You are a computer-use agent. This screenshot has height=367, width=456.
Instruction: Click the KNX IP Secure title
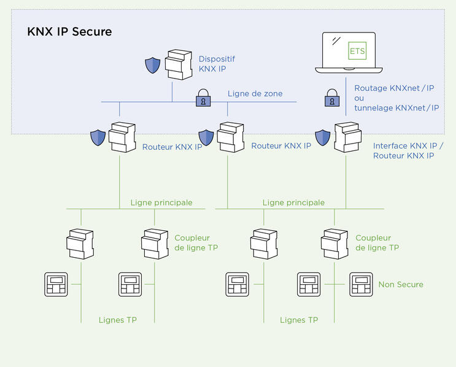(x=69, y=31)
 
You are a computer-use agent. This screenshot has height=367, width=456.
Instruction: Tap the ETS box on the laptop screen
(x=357, y=51)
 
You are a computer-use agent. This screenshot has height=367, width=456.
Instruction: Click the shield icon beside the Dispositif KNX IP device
(x=152, y=66)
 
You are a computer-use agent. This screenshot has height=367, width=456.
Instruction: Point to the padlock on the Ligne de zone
(x=203, y=98)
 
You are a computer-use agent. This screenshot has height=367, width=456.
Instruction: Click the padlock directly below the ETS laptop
(x=331, y=98)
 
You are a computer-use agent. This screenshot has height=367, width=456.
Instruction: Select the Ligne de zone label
(x=255, y=93)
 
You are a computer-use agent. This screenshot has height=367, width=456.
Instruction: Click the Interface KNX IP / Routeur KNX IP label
(x=408, y=151)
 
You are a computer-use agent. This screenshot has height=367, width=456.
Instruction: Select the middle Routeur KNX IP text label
(x=280, y=147)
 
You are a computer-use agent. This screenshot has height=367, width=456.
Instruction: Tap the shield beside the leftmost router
(x=98, y=137)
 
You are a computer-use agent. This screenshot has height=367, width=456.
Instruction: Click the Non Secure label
(x=401, y=284)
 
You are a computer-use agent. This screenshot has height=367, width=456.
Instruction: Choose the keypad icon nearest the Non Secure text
(x=361, y=284)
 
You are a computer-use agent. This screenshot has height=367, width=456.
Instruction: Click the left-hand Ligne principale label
(x=161, y=203)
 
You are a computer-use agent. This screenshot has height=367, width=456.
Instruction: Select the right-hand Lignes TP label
(x=299, y=320)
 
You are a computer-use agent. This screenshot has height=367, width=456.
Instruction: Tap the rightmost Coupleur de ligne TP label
(x=377, y=242)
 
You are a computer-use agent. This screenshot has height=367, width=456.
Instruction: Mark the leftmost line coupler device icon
(x=80, y=243)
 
